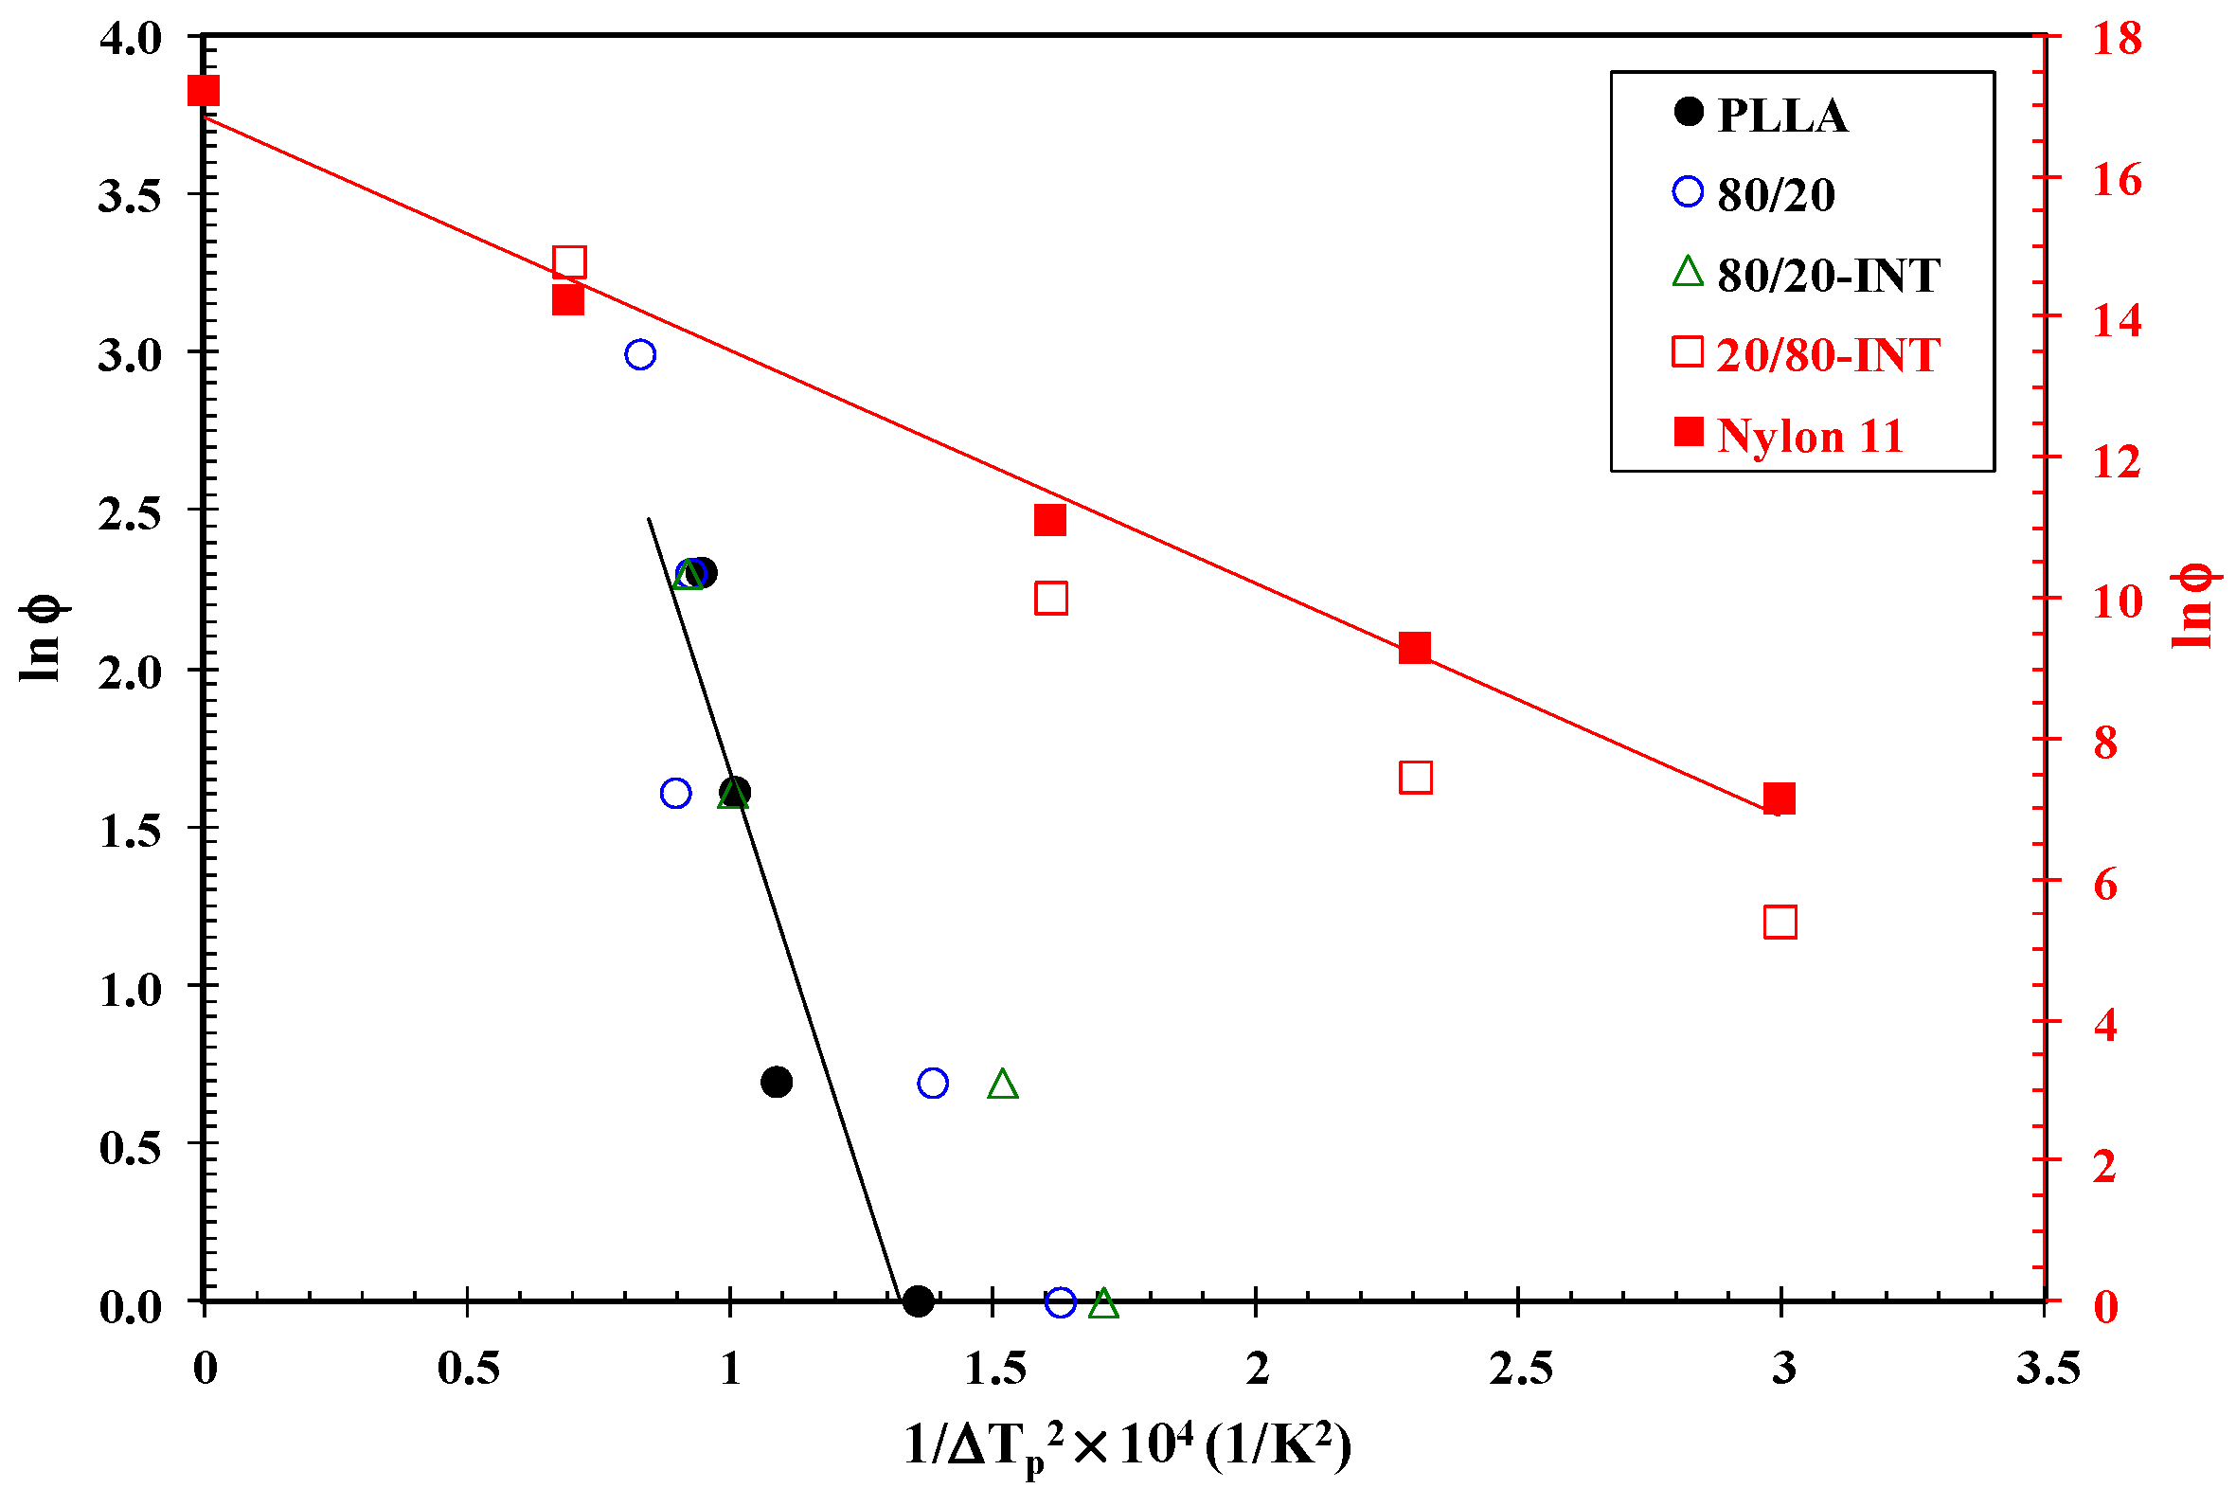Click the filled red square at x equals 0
(204, 91)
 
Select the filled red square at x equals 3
(1779, 798)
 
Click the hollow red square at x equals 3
(1780, 922)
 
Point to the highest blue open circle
(640, 354)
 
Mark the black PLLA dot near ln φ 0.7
(776, 1083)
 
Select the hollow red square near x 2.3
(1415, 777)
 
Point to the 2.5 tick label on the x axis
(1521, 1369)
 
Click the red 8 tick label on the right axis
(2105, 743)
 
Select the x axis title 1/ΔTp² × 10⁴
(1128, 1445)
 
